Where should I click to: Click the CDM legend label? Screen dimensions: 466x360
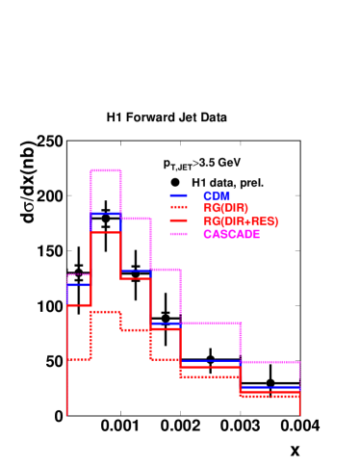[217, 195]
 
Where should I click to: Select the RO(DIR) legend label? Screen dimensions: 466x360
[225, 208]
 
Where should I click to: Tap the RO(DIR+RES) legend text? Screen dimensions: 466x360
[241, 221]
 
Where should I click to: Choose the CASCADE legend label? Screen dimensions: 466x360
[231, 234]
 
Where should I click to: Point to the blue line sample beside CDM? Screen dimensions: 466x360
[178, 195]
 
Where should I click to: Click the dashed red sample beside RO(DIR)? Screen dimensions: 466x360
[178, 208]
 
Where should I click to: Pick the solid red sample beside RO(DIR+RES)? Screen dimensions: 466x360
[178, 221]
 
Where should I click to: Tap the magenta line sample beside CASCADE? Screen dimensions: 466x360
[178, 234]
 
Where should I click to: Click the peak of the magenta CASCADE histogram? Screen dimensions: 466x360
[106, 170]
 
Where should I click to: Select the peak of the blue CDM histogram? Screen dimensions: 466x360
[106, 213]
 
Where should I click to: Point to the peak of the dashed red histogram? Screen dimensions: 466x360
[106, 311]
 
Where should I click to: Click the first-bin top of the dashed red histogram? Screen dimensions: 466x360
[79, 358]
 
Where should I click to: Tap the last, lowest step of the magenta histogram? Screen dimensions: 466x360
[270, 362]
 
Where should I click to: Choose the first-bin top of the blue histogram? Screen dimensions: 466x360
[79, 285]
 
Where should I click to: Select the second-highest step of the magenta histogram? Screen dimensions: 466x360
[136, 219]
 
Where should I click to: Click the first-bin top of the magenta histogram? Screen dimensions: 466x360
[79, 275]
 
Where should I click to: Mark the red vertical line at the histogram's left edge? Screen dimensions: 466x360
[67, 385]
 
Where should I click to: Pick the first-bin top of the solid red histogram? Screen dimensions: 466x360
[79, 305]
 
